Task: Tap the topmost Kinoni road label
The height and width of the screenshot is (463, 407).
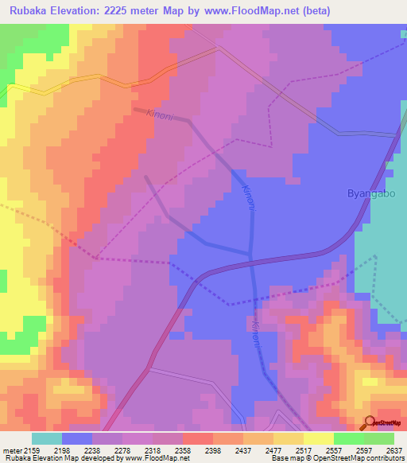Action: click(161, 116)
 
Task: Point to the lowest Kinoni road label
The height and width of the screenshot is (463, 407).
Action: click(256, 332)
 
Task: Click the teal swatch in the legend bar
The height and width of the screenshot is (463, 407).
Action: click(47, 438)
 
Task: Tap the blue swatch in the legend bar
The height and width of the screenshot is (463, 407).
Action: click(77, 438)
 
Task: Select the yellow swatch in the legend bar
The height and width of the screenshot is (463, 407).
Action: click(318, 438)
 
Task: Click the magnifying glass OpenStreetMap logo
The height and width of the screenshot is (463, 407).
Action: click(370, 422)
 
